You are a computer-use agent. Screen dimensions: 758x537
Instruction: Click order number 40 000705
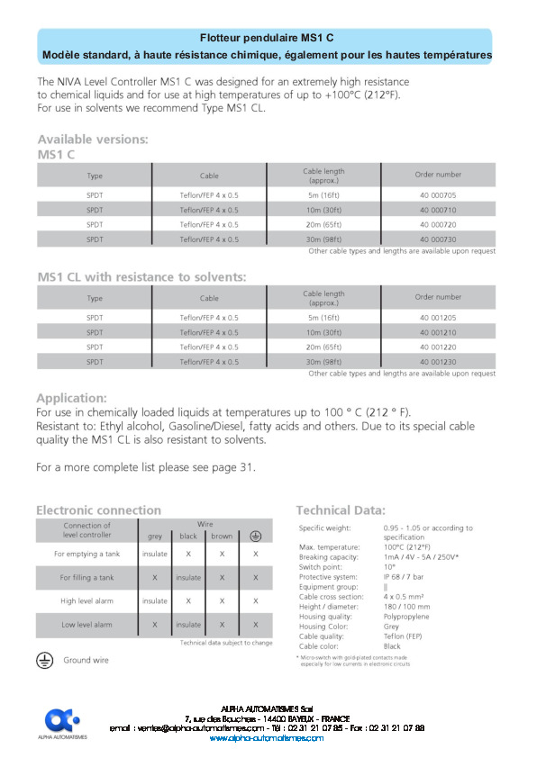point(438,194)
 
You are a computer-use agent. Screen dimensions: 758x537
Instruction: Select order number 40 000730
point(438,239)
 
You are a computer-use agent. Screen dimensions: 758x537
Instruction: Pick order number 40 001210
point(438,332)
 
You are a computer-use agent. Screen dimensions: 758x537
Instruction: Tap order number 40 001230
point(438,361)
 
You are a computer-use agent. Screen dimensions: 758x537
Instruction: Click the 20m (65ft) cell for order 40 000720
point(323,224)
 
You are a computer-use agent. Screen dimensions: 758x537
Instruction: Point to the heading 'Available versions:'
point(93,140)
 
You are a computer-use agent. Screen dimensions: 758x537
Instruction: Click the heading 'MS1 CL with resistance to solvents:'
point(141,276)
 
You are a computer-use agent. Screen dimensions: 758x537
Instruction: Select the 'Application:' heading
point(71,397)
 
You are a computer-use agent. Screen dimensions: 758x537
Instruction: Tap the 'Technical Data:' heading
point(341,510)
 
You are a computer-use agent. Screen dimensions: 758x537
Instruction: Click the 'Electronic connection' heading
point(98,510)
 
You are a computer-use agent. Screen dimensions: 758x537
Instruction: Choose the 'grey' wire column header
point(155,536)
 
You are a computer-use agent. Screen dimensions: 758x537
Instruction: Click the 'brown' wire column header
point(222,536)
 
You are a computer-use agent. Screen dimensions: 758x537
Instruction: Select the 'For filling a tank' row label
point(86,577)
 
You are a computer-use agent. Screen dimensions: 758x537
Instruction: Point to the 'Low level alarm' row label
point(86,624)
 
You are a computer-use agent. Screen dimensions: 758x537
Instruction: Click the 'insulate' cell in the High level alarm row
point(155,600)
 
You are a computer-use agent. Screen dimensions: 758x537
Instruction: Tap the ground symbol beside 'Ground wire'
point(43,660)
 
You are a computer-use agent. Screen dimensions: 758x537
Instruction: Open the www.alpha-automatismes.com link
point(266,737)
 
